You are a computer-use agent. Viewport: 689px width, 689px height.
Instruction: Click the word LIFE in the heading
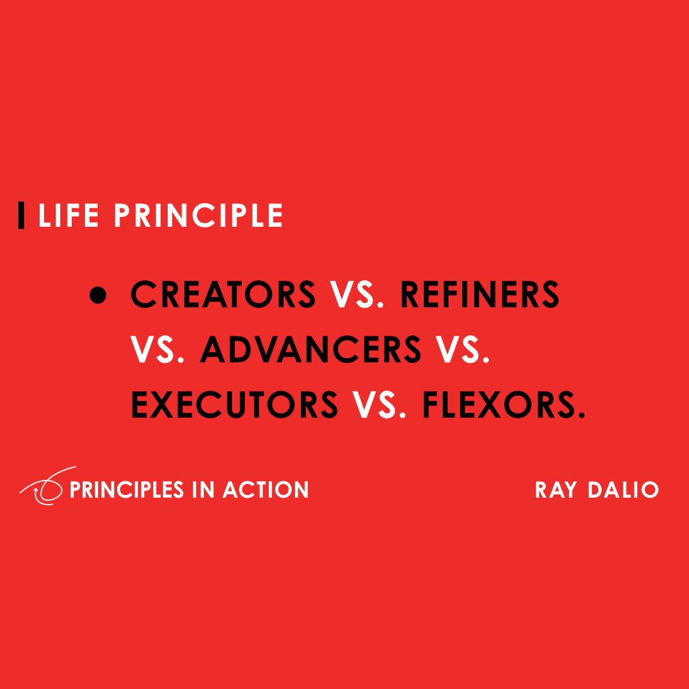pos(68,216)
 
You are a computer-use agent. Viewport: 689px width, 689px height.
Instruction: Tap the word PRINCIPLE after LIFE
pos(198,216)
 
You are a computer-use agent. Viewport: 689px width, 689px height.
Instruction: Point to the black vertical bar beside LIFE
pos(21,216)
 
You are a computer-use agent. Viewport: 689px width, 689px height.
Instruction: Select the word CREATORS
pos(223,295)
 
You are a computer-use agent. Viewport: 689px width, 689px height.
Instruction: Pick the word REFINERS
pos(479,295)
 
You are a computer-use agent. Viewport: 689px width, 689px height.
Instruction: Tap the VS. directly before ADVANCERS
pos(157,350)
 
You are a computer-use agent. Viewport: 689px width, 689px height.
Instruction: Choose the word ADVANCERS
pos(311,350)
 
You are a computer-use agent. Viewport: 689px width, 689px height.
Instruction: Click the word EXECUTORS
pos(235,404)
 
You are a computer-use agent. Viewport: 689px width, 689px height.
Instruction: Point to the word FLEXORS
pos(497,404)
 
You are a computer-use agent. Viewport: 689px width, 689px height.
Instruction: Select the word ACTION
pos(266,490)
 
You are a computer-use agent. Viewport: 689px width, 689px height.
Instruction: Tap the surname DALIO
pos(623,490)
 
